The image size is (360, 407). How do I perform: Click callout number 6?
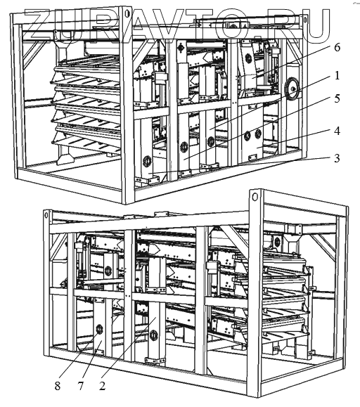(x=337, y=48)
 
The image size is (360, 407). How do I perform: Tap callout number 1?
(x=337, y=75)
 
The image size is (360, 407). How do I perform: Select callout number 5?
(x=337, y=98)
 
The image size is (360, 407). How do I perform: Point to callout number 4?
(x=337, y=131)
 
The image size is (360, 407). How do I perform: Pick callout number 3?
(x=337, y=158)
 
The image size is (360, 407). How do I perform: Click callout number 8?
(x=58, y=386)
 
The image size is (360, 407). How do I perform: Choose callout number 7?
(x=81, y=386)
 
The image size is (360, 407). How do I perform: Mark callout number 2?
(x=102, y=386)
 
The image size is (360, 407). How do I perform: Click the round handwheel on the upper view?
(x=292, y=89)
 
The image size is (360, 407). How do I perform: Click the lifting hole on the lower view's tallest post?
(x=255, y=198)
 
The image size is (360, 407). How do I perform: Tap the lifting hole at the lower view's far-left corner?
(x=46, y=215)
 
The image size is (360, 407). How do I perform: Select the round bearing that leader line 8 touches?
(x=99, y=330)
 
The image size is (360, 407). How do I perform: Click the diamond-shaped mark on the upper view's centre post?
(x=180, y=48)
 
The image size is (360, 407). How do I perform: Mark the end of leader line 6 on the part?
(x=252, y=77)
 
